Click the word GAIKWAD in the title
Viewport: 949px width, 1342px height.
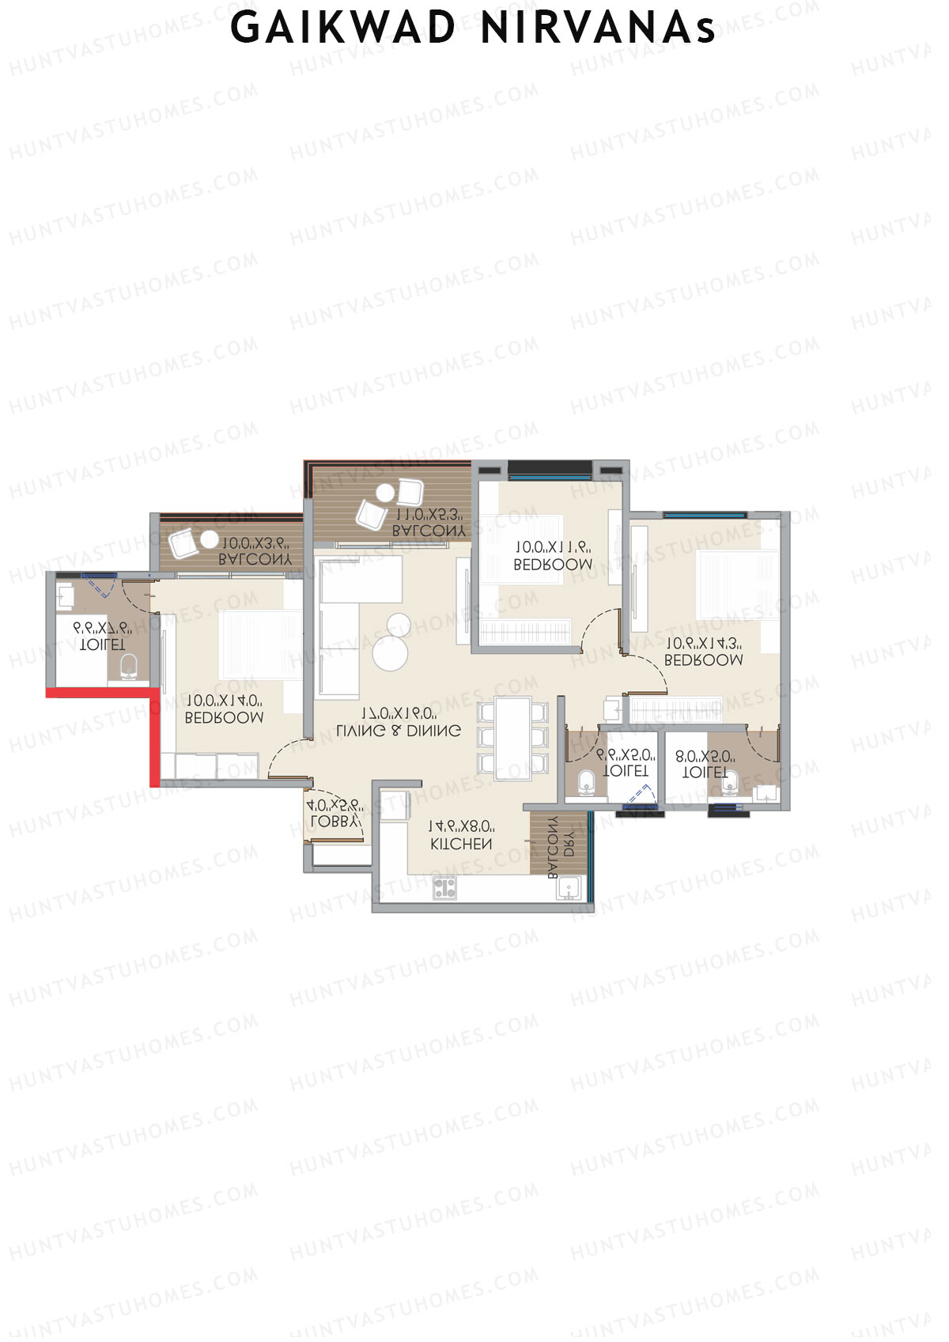click(x=343, y=28)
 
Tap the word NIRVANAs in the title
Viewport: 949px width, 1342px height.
click(x=599, y=28)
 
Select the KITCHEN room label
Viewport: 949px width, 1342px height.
click(x=461, y=844)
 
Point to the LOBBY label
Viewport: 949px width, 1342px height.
click(x=335, y=822)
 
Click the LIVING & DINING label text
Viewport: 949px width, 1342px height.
click(x=398, y=731)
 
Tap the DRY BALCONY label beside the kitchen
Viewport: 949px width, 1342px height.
click(x=560, y=847)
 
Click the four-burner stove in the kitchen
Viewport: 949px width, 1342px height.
click(x=444, y=887)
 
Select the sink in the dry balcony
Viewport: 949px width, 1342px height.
click(x=569, y=889)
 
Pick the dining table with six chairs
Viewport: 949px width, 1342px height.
click(x=512, y=737)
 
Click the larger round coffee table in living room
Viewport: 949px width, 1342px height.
click(x=390, y=653)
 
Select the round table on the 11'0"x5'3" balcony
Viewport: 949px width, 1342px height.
click(x=385, y=493)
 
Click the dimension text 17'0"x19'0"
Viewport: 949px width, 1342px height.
click(x=399, y=713)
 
